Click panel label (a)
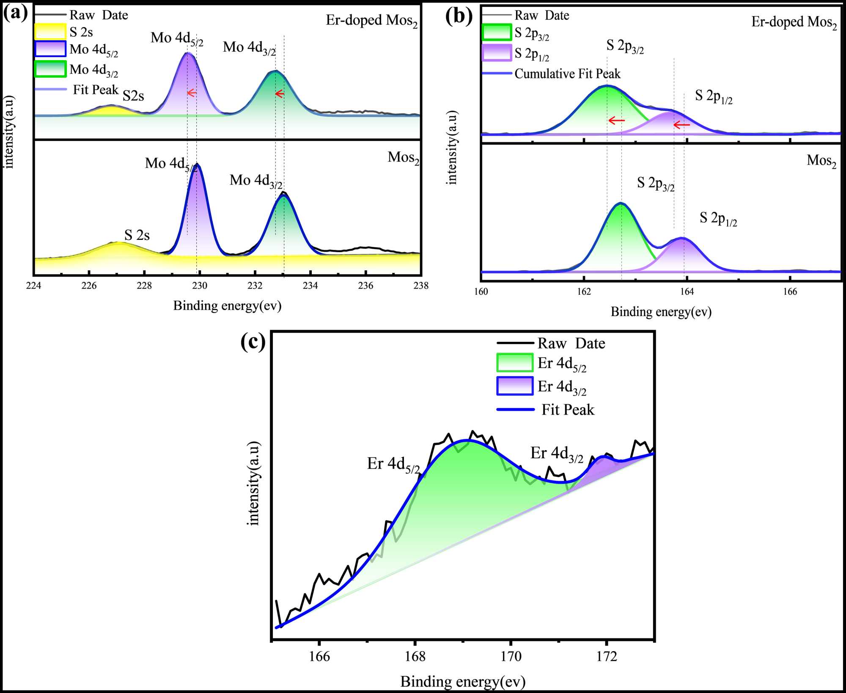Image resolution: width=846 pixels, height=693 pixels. pos(15,13)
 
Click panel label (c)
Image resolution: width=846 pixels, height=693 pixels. pos(253,341)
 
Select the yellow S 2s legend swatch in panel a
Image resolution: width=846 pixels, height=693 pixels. pos(50,32)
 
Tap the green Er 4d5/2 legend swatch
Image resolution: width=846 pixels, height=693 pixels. pos(514,363)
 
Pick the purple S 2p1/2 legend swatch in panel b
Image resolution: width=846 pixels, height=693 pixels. pos(497,53)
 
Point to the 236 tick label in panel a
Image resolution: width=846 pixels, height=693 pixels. pos(365,286)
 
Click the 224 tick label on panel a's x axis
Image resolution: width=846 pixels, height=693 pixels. pos(33,286)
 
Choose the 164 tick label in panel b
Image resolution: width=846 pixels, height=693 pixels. pos(687,291)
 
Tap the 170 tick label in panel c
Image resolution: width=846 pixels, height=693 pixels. pos(511,656)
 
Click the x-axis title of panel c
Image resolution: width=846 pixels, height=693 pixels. pos(463,681)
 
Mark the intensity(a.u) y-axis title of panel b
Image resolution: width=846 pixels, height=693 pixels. pos(452,148)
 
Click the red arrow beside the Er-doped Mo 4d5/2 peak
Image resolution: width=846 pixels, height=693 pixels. pos(192,93)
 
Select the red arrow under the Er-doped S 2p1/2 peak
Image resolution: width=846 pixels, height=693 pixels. pos(681,125)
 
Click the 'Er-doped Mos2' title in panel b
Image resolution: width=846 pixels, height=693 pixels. pos(794,22)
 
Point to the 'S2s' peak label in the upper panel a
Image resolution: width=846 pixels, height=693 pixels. pos(133,96)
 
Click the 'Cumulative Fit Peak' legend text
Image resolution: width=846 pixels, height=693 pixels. pos(567,74)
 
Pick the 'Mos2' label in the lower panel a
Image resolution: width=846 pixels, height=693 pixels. pos(403,158)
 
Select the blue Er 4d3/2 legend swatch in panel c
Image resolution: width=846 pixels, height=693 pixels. pos(514,386)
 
